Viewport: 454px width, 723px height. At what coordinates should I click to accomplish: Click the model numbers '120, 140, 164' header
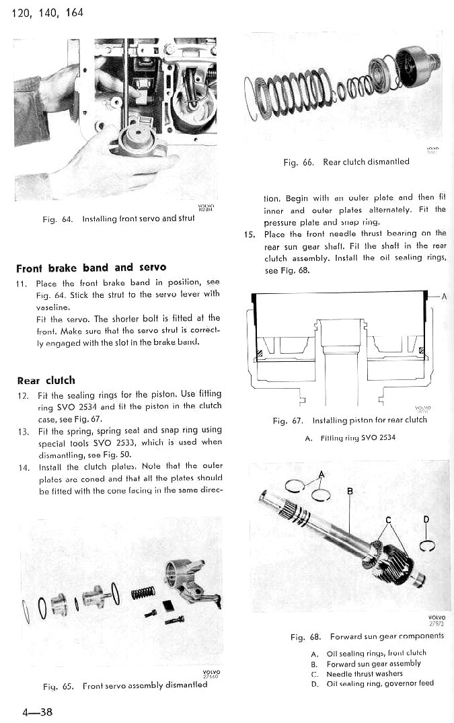[48, 13]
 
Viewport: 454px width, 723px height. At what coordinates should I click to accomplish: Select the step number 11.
[22, 283]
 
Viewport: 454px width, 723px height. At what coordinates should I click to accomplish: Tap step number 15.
[250, 234]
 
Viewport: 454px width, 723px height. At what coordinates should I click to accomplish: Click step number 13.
[22, 430]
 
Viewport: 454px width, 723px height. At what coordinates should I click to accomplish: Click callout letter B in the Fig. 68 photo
[349, 491]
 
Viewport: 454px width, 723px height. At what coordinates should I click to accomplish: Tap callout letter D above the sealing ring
[426, 519]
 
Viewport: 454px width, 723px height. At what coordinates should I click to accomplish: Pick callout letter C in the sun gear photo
[387, 519]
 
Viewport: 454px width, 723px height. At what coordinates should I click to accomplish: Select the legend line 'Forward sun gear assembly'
[373, 663]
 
